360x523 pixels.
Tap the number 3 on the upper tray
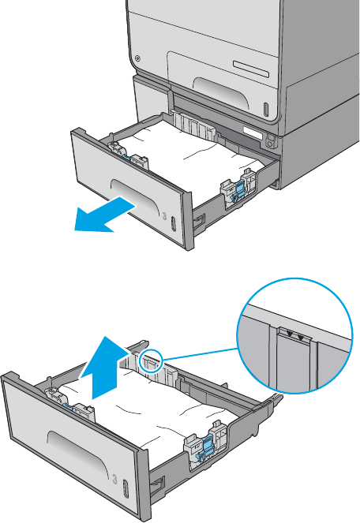(164, 216)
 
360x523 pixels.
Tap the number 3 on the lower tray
(115, 480)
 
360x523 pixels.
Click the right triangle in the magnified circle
(301, 338)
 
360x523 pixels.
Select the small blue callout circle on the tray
(151, 360)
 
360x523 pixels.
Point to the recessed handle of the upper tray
(135, 196)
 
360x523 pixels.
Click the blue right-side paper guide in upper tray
(239, 190)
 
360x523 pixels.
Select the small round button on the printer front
(137, 58)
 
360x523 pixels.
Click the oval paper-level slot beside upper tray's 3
(173, 222)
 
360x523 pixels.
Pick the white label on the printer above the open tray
(253, 133)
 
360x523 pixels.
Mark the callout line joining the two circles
(200, 354)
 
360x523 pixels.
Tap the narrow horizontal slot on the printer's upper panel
(251, 69)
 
